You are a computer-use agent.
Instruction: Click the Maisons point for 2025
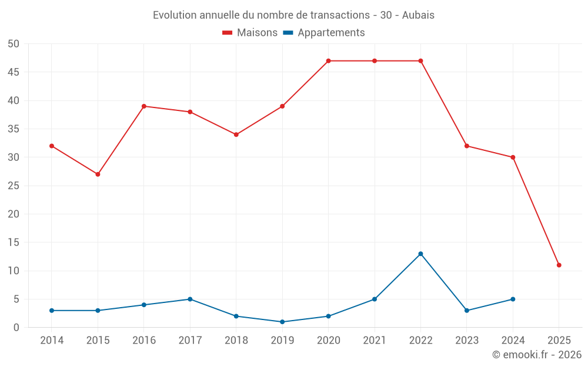tap(559, 265)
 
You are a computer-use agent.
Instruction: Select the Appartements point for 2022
tap(420, 254)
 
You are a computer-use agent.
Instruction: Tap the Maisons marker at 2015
tap(98, 174)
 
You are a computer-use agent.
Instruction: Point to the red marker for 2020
tap(328, 61)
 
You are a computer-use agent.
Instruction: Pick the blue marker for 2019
tap(282, 322)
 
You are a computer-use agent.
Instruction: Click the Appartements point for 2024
tap(513, 299)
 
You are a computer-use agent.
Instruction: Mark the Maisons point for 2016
tap(144, 106)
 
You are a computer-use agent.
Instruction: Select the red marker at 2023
tap(467, 146)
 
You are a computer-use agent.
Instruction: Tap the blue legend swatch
tap(288, 33)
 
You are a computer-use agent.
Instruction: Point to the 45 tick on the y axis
tap(14, 72)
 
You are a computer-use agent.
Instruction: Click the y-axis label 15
tap(14, 243)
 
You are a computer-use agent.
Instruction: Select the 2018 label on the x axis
tap(236, 341)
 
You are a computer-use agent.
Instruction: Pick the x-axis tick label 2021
tap(374, 341)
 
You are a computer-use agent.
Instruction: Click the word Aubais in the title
tap(418, 15)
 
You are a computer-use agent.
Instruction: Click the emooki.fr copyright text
tap(537, 355)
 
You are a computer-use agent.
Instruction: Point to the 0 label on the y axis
tap(17, 328)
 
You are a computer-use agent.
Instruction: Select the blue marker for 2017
tap(190, 299)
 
